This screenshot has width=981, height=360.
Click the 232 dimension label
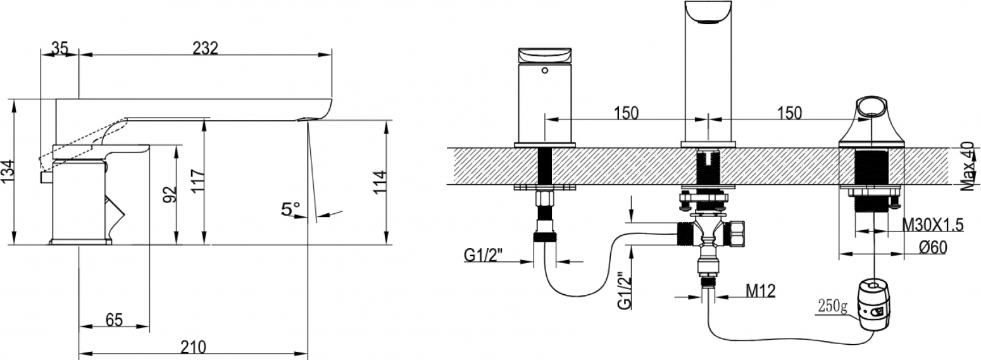tap(206, 47)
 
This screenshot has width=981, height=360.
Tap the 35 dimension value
tap(60, 47)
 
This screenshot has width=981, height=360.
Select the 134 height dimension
tap(8, 172)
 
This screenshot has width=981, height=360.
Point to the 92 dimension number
tap(170, 194)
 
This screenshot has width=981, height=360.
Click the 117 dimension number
tap(198, 181)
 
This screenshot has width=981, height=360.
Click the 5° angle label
tap(291, 209)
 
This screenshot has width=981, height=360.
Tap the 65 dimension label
tap(114, 320)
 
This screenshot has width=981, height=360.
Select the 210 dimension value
tap(193, 347)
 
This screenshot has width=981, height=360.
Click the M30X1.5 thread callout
tap(933, 225)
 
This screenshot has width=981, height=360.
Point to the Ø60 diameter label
tap(933, 248)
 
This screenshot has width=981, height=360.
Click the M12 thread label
tap(761, 290)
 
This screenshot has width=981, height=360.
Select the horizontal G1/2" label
tap(483, 255)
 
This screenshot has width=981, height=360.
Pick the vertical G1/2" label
tap(625, 291)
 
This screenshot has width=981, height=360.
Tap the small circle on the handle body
tap(545, 70)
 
